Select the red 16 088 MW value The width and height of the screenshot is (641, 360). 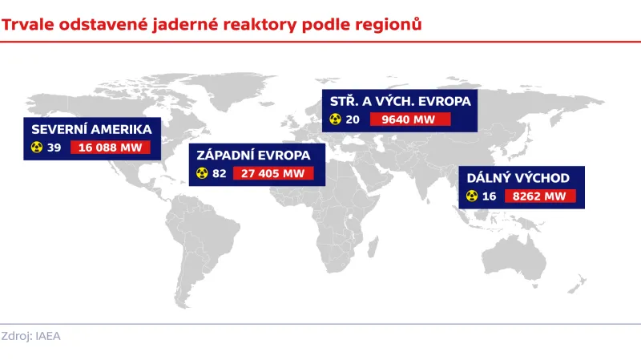click(x=116, y=148)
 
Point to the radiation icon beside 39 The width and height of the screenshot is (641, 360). click(x=36, y=148)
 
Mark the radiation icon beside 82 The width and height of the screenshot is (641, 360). click(x=202, y=173)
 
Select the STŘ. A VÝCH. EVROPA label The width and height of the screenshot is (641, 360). click(x=401, y=102)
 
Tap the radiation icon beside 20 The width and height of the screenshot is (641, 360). click(x=335, y=120)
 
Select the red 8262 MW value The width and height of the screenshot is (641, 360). click(x=542, y=196)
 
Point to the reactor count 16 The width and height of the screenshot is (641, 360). click(x=490, y=196)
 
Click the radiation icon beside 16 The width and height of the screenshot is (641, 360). click(x=471, y=196)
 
